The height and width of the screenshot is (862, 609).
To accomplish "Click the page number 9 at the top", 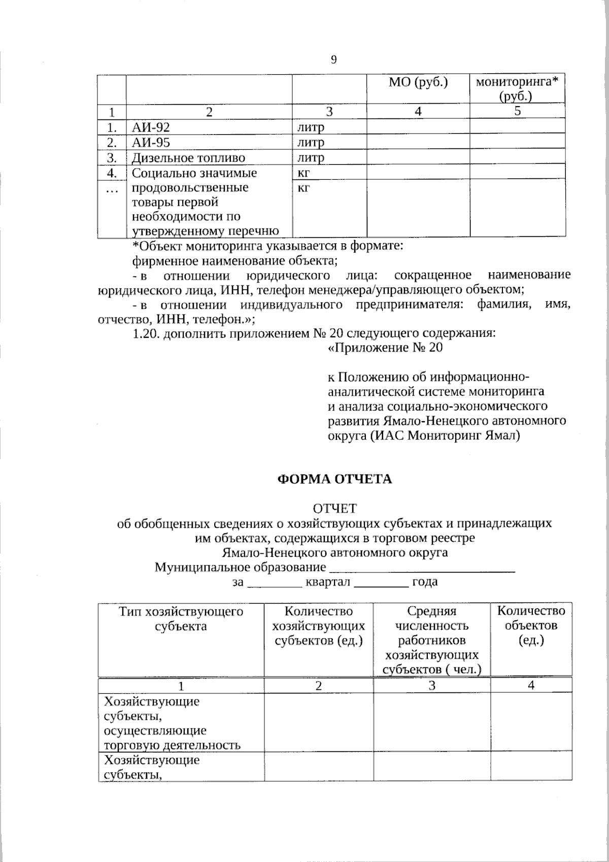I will click(x=333, y=60).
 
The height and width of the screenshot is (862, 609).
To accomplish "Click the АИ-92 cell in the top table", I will click(x=151, y=127).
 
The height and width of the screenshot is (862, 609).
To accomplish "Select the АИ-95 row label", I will click(x=151, y=142).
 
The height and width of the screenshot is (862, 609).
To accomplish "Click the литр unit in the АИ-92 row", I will click(x=311, y=127).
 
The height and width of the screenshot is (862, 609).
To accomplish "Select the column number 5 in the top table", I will click(x=517, y=112).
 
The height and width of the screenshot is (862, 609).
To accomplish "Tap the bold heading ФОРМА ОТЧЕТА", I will click(x=334, y=479).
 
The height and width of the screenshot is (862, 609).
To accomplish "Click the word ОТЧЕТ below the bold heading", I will click(x=334, y=508).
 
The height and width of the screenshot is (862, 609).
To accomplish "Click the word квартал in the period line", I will click(x=328, y=582).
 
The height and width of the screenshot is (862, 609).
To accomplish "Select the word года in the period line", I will click(x=425, y=582).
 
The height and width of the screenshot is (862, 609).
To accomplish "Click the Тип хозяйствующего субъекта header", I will click(x=181, y=619).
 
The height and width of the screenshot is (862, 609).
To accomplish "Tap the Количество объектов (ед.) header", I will click(x=531, y=625).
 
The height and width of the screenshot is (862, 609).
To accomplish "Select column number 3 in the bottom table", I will click(x=432, y=685).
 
